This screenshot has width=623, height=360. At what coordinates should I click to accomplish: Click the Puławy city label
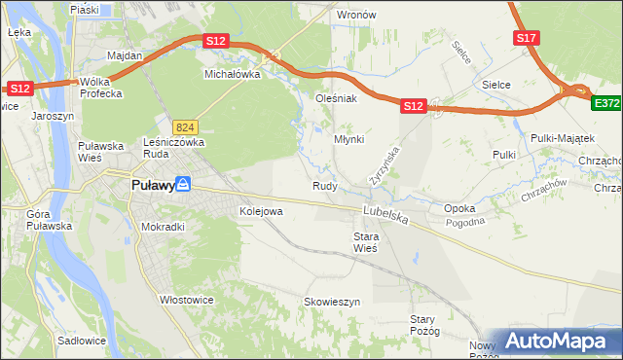(x=152, y=184)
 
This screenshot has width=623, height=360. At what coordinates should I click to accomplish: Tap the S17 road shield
(x=526, y=38)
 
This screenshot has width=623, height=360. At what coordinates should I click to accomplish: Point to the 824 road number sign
(x=185, y=127)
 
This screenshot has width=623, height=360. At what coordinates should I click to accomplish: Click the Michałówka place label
(x=231, y=73)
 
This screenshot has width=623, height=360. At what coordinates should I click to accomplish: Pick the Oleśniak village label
(x=337, y=98)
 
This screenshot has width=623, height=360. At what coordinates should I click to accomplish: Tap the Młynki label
(x=349, y=139)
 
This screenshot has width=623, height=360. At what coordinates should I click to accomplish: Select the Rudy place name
(x=325, y=185)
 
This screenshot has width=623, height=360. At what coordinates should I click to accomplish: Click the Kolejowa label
(x=261, y=210)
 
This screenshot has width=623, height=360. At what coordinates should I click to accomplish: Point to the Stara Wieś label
(x=365, y=241)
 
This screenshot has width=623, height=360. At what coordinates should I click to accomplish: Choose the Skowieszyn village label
(x=332, y=302)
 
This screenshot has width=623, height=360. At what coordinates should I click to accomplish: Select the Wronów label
(x=356, y=16)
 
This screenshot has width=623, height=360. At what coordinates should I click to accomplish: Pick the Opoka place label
(x=459, y=208)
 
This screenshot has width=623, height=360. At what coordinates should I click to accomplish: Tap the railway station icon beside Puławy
(x=183, y=184)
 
